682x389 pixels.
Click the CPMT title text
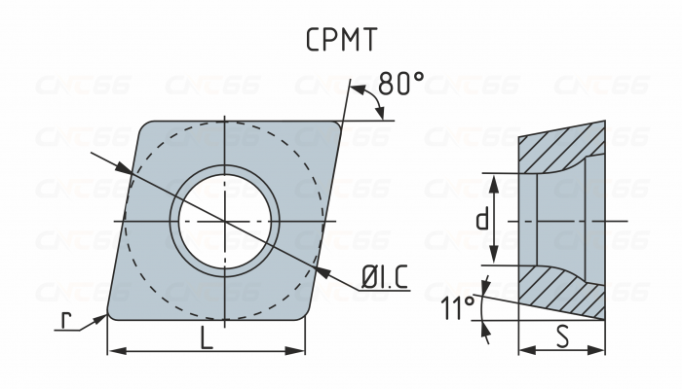(x=341, y=40)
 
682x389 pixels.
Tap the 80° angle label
(x=400, y=83)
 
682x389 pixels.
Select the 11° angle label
(x=458, y=307)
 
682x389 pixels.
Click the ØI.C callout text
(x=385, y=277)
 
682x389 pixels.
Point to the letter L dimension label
(x=207, y=338)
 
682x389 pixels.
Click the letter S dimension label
(x=562, y=336)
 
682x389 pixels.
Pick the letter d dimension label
(x=482, y=219)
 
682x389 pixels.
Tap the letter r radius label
(x=65, y=320)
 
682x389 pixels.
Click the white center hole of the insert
(x=224, y=222)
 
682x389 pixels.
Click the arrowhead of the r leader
(x=101, y=319)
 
